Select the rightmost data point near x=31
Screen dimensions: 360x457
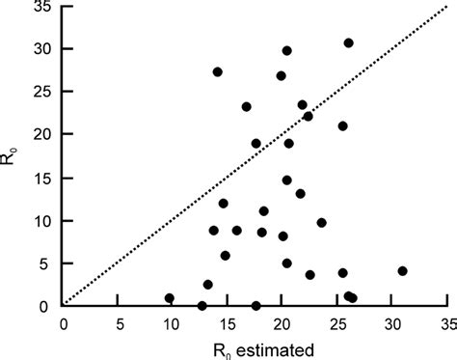402,271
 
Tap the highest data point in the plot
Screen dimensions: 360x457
348,42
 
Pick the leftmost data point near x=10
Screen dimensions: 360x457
170,298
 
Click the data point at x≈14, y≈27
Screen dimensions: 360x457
218,72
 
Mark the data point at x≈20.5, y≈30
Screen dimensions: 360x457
287,50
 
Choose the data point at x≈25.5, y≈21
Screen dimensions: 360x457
342,125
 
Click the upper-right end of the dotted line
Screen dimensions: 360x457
446,7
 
